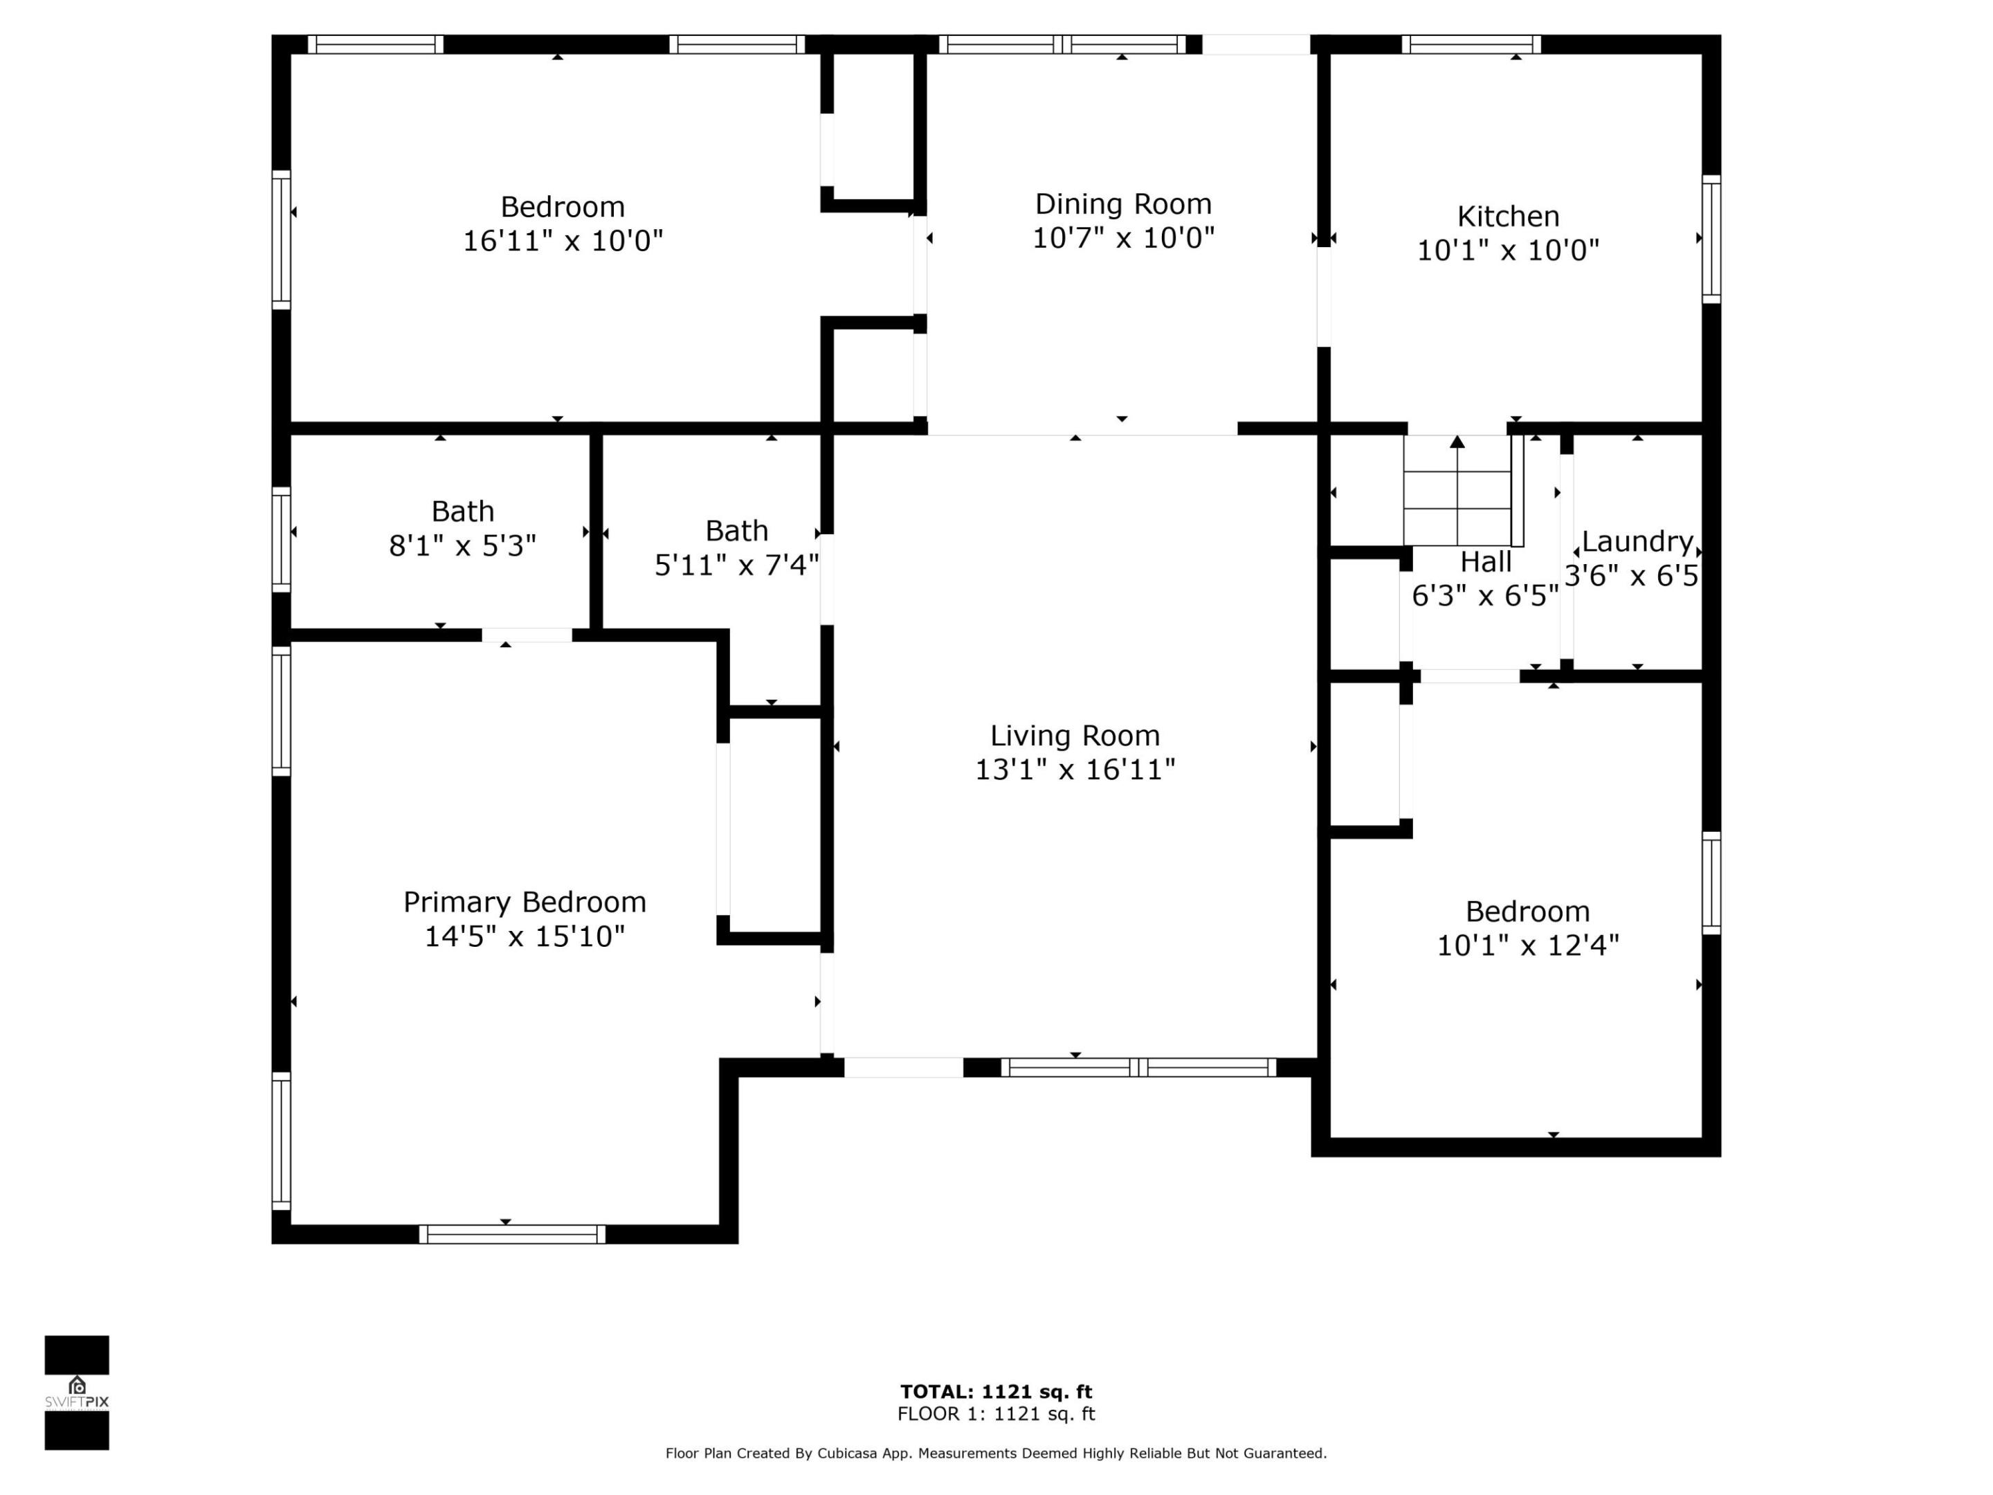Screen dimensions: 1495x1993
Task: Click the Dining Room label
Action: coord(1122,205)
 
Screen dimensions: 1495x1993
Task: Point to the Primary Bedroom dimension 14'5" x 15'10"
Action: coord(525,936)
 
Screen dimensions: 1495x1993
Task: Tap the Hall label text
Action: coord(1485,562)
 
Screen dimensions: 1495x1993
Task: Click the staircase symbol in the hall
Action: coord(1457,491)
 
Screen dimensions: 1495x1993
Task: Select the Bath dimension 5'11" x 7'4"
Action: coord(736,565)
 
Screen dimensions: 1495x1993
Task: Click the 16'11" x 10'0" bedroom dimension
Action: coord(562,242)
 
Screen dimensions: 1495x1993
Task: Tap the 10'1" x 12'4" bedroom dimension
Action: coord(1527,945)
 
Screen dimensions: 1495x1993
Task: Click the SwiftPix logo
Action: coord(77,1393)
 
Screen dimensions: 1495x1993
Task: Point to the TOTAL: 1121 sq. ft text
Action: coord(996,1393)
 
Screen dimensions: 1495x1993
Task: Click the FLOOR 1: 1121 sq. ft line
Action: coord(996,1414)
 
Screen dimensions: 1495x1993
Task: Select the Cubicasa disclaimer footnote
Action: coord(996,1453)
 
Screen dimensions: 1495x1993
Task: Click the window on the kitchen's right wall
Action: coord(1710,239)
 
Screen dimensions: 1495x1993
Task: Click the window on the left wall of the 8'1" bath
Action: coord(281,540)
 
